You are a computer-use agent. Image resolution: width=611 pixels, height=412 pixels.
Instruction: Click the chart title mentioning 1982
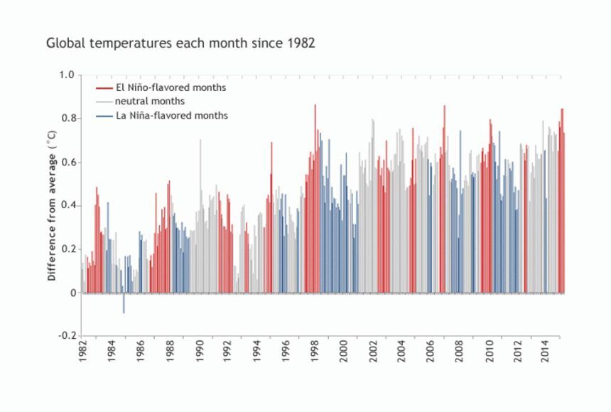click(180, 43)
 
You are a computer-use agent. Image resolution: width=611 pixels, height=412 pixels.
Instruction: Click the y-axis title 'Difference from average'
click(53, 205)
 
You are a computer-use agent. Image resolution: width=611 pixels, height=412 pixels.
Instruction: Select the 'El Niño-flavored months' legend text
click(171, 88)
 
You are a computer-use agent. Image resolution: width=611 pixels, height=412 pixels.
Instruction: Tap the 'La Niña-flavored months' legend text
click(171, 115)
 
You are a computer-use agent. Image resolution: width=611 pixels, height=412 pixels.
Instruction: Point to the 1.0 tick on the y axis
click(67, 75)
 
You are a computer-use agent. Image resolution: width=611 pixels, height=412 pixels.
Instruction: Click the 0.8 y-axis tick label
click(67, 118)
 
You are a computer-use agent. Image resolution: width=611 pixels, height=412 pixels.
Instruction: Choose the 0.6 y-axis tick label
click(67, 162)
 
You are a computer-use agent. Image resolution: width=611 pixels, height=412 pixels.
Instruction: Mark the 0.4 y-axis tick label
click(67, 205)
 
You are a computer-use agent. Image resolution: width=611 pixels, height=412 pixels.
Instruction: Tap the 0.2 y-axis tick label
click(67, 249)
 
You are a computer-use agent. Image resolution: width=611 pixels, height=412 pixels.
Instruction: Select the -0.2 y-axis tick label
click(66, 336)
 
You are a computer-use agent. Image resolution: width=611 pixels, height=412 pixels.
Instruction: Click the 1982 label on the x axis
click(82, 353)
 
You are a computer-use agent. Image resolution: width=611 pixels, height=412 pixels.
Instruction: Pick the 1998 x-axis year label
click(314, 353)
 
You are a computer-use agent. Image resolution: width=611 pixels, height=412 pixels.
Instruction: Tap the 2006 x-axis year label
click(430, 353)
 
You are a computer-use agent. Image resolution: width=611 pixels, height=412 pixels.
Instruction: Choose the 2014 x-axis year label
click(546, 353)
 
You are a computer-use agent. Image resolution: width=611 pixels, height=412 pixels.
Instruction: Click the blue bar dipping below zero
click(124, 303)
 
